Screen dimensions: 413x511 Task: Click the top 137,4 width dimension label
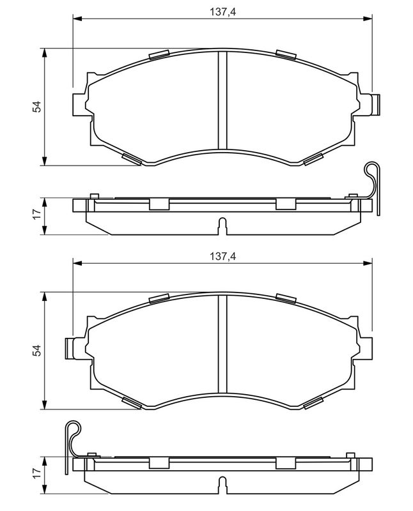coord(222,12)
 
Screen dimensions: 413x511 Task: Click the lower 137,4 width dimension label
coord(222,257)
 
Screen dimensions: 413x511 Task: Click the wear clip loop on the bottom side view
coord(73,429)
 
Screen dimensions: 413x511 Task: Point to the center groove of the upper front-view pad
coord(222,100)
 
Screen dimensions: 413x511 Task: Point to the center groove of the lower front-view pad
coord(222,344)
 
